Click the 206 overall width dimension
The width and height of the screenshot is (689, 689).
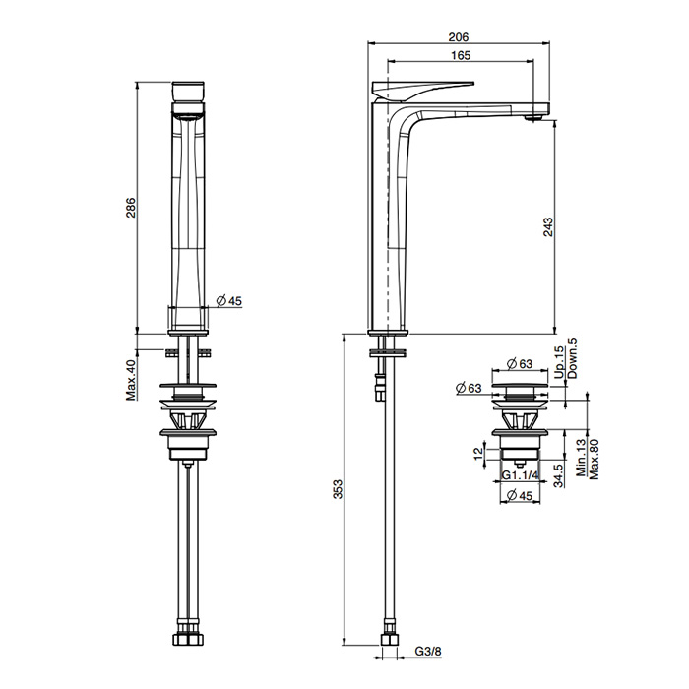pos(459,37)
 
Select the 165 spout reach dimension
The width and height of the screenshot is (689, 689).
pos(460,55)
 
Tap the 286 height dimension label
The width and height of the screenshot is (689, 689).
pos(131,208)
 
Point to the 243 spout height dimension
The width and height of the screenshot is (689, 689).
pos(548,226)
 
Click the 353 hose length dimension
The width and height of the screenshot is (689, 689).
pos(338,489)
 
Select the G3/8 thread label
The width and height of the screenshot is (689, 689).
pos(428,652)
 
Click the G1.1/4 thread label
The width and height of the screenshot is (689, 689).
pos(520,475)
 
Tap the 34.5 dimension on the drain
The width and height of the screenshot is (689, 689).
pos(558,475)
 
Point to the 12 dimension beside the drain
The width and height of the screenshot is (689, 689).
pos(478,454)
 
